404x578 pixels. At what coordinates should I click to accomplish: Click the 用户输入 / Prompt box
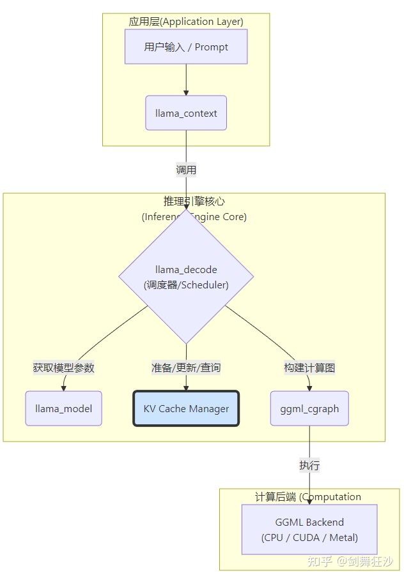tap(186, 47)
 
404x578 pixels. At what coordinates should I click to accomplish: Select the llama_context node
tap(186, 113)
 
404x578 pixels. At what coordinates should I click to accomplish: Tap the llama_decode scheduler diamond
tap(186, 277)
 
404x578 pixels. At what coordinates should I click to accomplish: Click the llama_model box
tap(63, 408)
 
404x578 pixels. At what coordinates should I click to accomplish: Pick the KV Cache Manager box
tap(186, 408)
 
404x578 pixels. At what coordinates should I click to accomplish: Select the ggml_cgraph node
tap(309, 408)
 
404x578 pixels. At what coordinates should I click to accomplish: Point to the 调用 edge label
tap(186, 170)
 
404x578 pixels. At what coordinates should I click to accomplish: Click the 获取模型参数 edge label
tap(63, 367)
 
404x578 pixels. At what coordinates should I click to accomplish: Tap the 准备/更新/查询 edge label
tap(186, 367)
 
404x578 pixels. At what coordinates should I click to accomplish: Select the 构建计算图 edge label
tap(309, 367)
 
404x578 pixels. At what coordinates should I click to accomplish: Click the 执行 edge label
tap(309, 465)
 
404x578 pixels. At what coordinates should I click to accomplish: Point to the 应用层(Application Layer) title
tap(186, 21)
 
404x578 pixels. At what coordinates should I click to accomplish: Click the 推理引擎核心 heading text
tap(194, 201)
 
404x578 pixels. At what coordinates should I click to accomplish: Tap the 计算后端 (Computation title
tap(308, 497)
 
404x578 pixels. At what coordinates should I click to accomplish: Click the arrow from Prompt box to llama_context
tap(186, 79)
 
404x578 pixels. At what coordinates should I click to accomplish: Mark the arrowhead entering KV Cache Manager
tap(186, 387)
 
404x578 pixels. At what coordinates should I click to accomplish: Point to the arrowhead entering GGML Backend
tap(309, 501)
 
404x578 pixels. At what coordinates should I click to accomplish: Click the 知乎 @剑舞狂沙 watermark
tap(350, 561)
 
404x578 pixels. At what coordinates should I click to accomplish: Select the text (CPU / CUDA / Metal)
tap(309, 537)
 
